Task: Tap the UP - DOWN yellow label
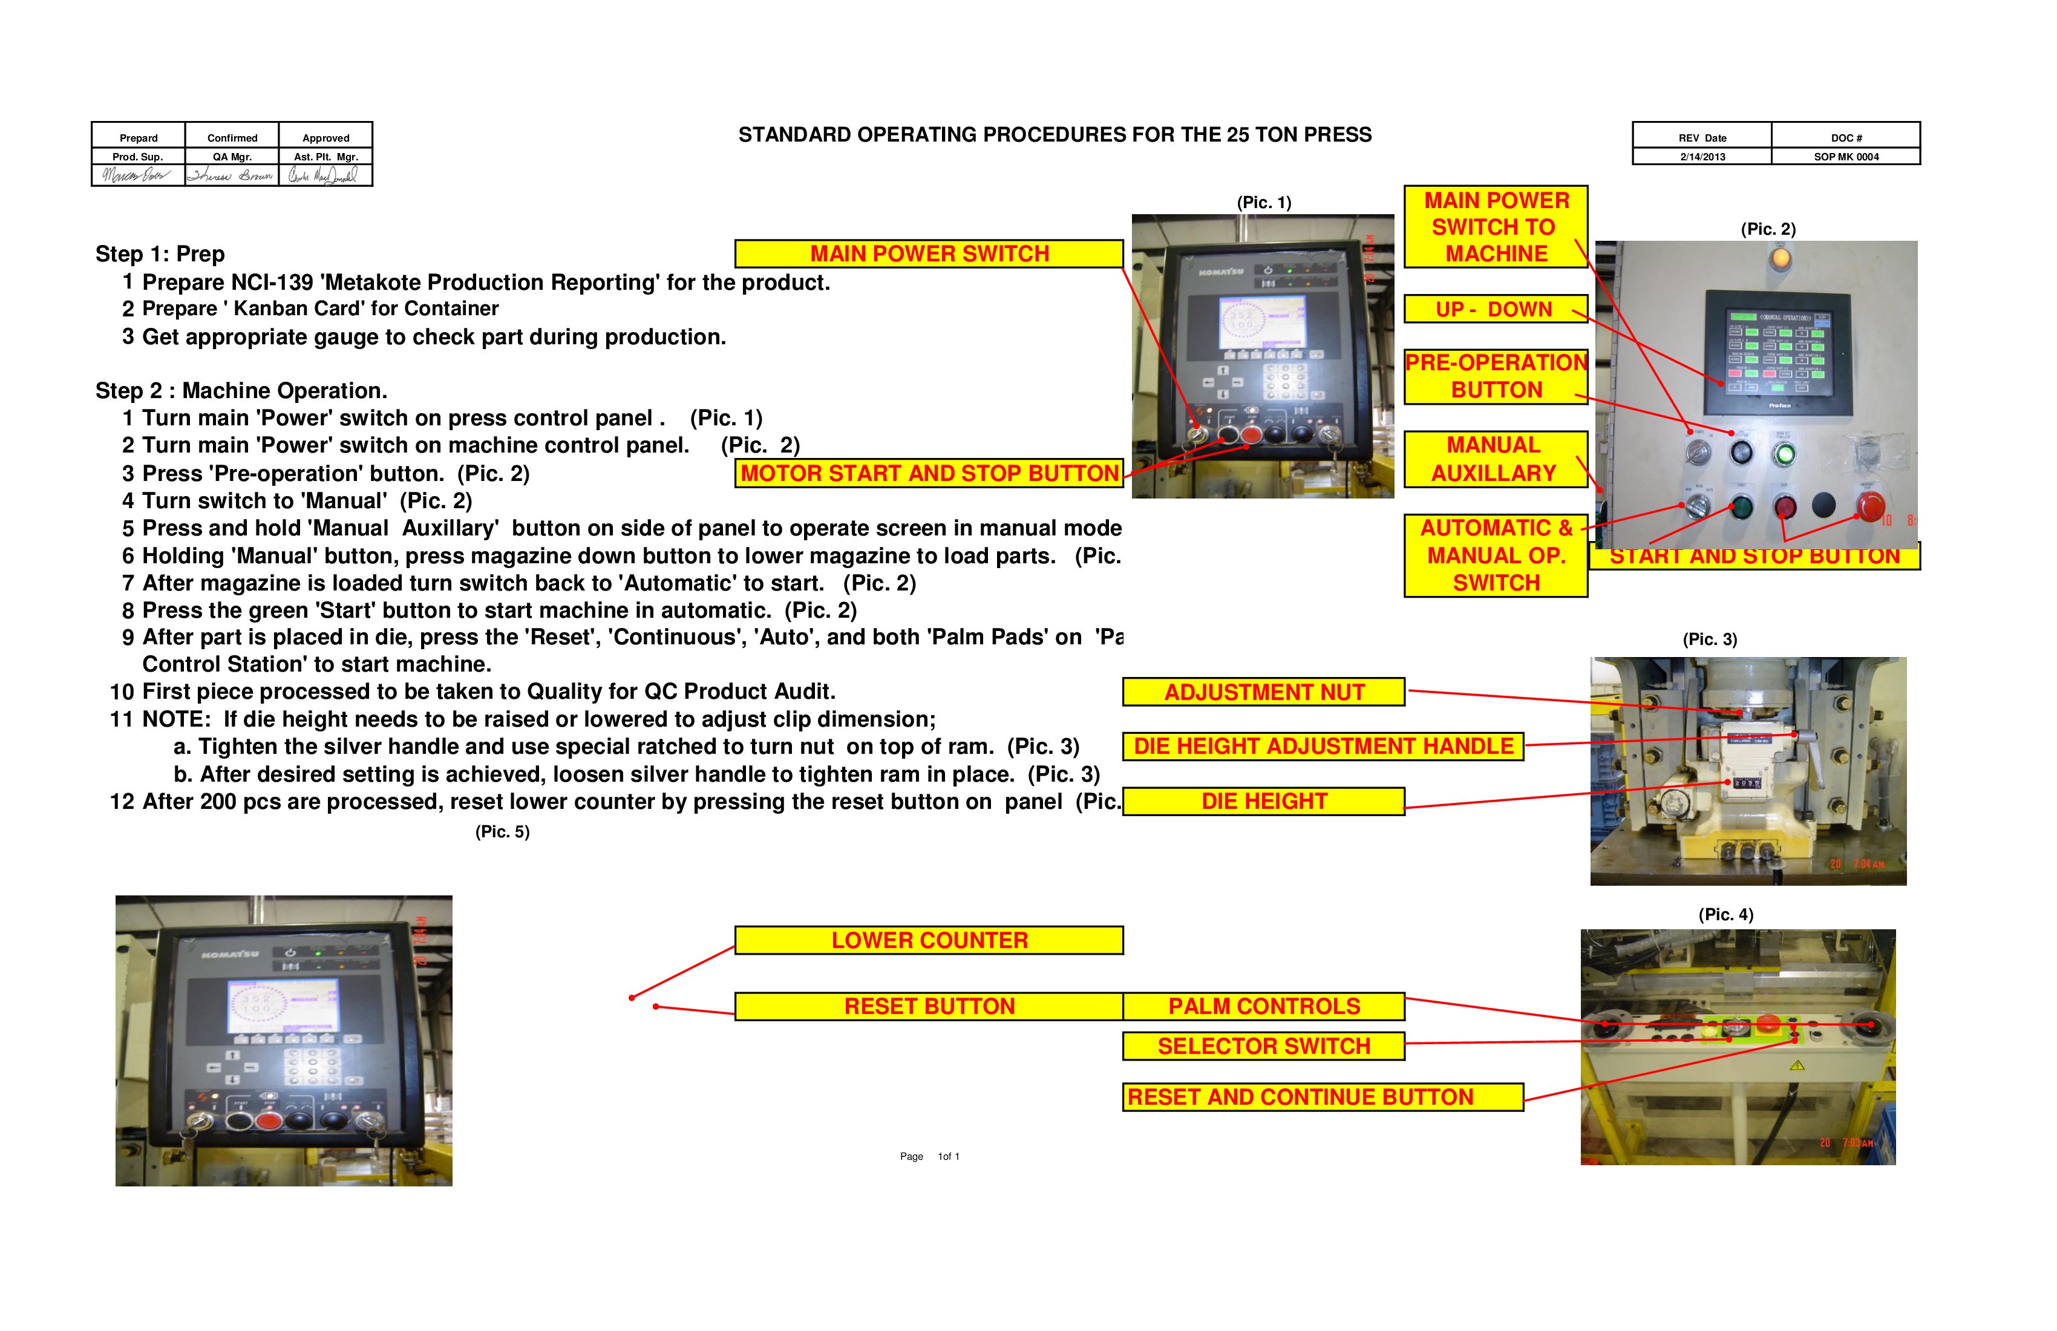tap(1494, 309)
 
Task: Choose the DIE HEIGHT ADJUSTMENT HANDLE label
tap(1323, 747)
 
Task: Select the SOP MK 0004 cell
tap(1845, 157)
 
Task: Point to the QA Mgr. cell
tap(232, 157)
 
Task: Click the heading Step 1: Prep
tap(160, 254)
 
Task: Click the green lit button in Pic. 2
tap(1783, 454)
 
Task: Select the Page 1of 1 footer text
tap(929, 1156)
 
